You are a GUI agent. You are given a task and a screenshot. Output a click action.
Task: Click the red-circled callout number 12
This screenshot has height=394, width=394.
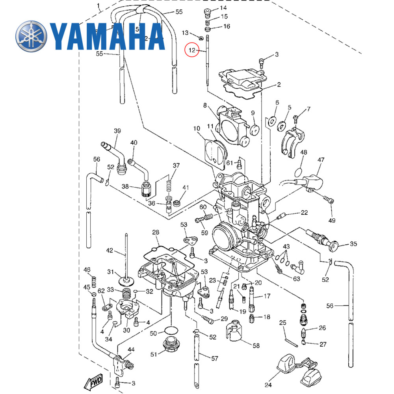(x=192, y=50)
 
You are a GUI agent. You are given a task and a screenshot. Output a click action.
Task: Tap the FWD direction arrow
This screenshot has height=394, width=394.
(x=93, y=381)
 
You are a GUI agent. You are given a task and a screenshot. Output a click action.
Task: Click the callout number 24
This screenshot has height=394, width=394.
(x=268, y=385)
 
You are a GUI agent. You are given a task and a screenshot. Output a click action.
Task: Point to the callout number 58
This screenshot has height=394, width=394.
(x=256, y=346)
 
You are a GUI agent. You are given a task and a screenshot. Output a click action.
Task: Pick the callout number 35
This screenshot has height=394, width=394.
(x=353, y=244)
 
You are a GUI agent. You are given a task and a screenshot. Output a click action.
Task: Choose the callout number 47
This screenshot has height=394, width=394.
(x=321, y=160)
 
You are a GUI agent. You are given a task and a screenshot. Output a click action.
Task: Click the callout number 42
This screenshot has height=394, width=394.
(x=110, y=250)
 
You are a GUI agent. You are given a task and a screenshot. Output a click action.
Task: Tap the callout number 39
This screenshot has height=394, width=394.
(x=117, y=131)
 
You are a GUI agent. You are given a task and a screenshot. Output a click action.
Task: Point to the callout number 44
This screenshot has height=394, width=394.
(x=131, y=349)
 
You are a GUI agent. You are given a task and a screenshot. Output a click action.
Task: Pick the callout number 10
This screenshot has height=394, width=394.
(x=197, y=128)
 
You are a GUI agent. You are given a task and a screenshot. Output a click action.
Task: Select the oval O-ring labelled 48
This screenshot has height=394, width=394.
(x=299, y=172)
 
